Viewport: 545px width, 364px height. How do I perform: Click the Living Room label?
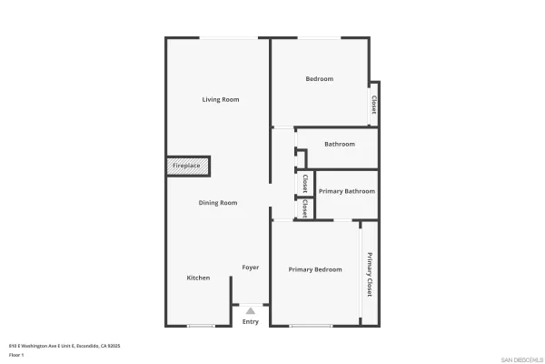[x=221, y=99]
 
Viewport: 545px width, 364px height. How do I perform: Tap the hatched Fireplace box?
[x=187, y=166]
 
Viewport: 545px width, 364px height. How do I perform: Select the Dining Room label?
[x=218, y=203]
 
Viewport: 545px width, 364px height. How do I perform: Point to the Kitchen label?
[x=199, y=278]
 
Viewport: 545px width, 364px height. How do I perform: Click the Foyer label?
[x=251, y=268]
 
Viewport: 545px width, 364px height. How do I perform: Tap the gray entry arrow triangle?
[x=251, y=311]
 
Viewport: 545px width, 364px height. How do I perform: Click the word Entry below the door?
[x=251, y=321]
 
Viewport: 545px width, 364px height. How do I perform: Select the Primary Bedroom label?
[x=315, y=269]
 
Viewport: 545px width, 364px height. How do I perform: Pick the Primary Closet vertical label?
[x=370, y=274]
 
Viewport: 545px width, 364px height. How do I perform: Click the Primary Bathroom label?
[x=347, y=191]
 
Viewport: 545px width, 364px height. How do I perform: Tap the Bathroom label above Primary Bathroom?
[x=340, y=144]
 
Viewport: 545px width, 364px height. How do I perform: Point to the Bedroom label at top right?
[x=319, y=79]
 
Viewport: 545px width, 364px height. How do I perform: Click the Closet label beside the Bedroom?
[x=373, y=105]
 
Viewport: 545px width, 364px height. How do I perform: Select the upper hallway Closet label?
[x=305, y=183]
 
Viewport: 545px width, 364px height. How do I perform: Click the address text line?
[x=64, y=346]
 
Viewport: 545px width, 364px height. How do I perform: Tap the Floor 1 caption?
[x=15, y=355]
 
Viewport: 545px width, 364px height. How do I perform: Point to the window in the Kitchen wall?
[x=201, y=326]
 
